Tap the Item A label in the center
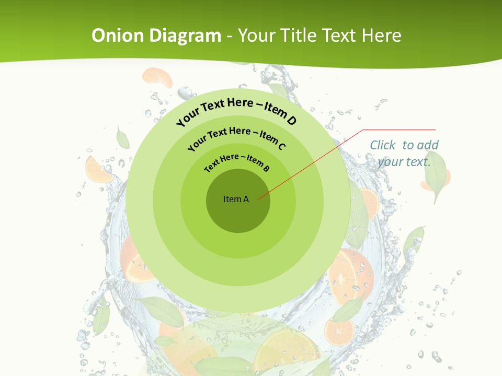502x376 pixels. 236,199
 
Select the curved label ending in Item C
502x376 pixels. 237,137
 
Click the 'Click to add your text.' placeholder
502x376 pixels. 404,154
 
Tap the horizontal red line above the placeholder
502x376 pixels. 399,130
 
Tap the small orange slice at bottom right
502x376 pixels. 339,331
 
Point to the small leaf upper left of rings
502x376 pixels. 123,138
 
